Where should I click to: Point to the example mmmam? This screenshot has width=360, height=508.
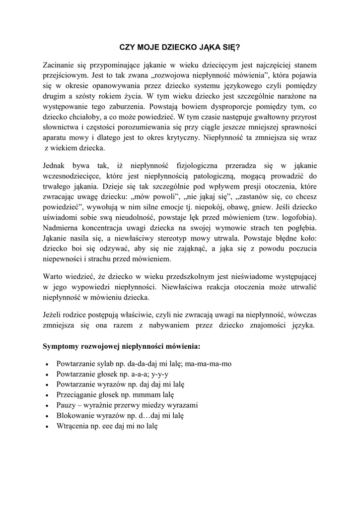point(148,394)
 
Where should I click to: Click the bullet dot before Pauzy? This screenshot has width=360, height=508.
point(46,405)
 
